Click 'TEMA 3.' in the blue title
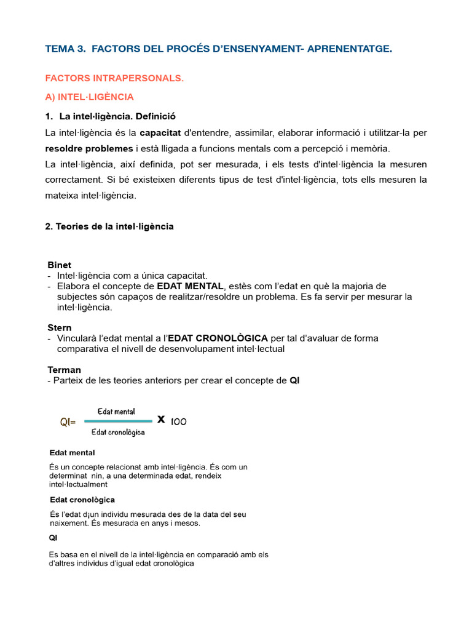click(65, 49)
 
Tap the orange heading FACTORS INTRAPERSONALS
click(114, 78)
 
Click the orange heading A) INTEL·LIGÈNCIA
click(89, 97)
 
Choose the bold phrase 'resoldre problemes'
click(88, 148)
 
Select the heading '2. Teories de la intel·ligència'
click(109, 226)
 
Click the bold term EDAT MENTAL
click(191, 286)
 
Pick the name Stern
click(60, 328)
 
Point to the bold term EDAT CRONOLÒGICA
click(218, 338)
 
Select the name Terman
click(64, 370)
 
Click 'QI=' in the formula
click(68, 422)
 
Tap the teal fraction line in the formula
click(117, 421)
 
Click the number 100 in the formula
click(179, 421)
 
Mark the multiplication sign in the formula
click(161, 420)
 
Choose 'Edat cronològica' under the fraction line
click(118, 433)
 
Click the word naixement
click(71, 524)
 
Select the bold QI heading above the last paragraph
click(53, 537)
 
